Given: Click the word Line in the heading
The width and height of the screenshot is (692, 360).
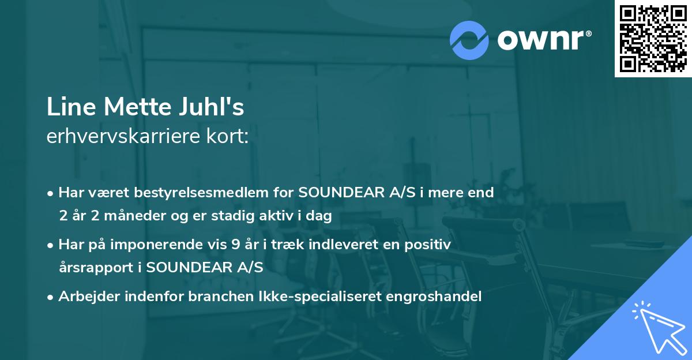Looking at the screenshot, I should point(64,107).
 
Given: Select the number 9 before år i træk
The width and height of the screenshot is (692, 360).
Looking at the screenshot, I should point(235,245).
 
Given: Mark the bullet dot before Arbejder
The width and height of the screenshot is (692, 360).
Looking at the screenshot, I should point(51,297).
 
